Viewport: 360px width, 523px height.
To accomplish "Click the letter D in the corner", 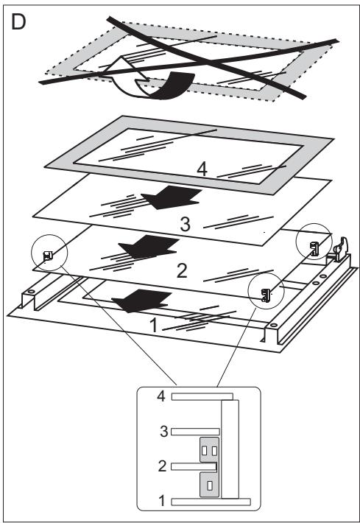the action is (18, 22).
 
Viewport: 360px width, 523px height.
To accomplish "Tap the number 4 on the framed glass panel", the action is (202, 169).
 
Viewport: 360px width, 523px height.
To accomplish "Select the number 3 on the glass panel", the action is (185, 224).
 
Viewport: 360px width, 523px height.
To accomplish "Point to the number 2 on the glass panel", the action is (182, 270).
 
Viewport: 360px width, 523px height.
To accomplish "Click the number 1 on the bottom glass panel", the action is (153, 325).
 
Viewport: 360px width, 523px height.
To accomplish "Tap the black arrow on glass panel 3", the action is (172, 197).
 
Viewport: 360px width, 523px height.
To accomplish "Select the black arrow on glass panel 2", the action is (149, 247).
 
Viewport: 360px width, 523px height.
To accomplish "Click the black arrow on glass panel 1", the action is (141, 301).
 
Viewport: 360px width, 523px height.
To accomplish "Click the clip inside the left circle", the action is (48, 256).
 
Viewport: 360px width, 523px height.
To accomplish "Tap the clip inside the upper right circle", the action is (314, 249).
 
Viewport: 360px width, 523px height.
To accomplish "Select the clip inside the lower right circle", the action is (265, 295).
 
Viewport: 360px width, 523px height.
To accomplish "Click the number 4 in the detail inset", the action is (161, 396).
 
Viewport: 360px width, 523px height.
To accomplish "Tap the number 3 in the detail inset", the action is (163, 431).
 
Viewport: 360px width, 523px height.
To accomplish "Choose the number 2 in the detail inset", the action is (162, 466).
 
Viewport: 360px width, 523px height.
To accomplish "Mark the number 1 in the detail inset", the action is (162, 501).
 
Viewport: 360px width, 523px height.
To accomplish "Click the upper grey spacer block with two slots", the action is (209, 449).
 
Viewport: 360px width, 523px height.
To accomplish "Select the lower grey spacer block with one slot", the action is (209, 485).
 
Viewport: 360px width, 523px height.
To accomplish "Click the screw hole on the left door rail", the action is (32, 292).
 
